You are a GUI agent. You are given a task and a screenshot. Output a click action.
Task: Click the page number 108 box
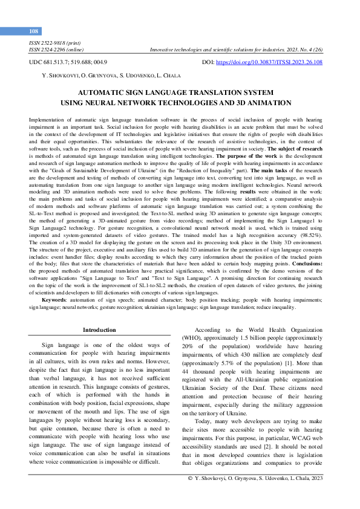[x=33, y=31]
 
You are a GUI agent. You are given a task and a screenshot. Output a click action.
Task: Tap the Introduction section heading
[x=99, y=330]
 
